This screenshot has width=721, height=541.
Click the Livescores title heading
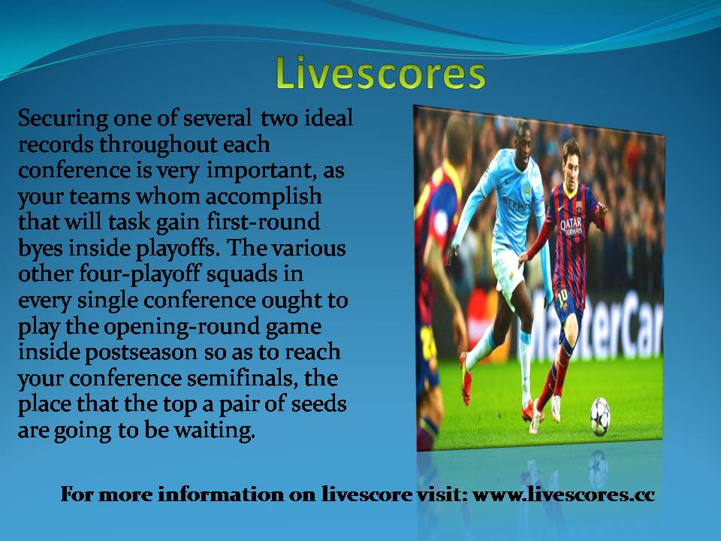coord(381,74)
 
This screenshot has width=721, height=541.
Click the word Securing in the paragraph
coord(63,119)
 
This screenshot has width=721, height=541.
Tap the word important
coord(261,171)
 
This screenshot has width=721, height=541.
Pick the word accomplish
coord(264,198)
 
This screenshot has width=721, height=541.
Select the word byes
coord(41,249)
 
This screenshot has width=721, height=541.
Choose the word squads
coord(242,275)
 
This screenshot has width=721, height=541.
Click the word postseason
coord(141,353)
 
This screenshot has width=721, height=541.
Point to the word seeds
coord(318,404)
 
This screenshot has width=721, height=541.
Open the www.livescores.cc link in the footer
coord(564,494)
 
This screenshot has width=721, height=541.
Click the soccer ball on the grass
coord(600,416)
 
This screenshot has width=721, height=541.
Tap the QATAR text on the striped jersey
coord(572,226)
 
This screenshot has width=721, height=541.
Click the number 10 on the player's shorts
coord(562,295)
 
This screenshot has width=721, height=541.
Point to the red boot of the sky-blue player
coord(466,378)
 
